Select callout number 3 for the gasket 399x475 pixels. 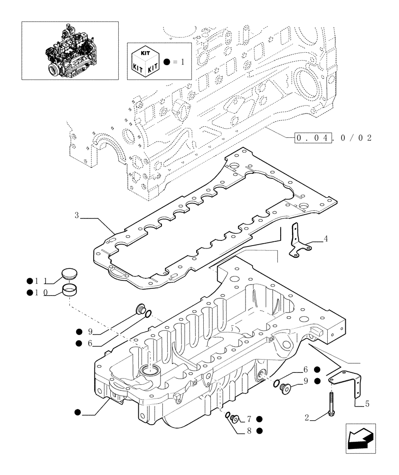click(x=76, y=216)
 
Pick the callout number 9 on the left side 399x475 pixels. click(x=89, y=332)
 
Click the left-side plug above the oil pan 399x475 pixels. click(x=140, y=309)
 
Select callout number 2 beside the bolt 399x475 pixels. click(x=307, y=418)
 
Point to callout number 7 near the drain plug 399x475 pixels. click(x=248, y=418)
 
